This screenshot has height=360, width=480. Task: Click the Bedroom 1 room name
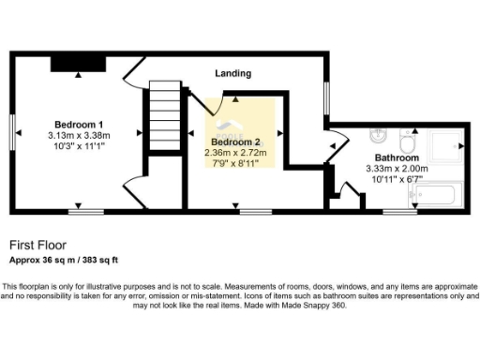(x=79, y=125)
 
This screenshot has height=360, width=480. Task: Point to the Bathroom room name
(x=396, y=157)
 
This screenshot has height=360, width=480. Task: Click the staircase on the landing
(x=162, y=112)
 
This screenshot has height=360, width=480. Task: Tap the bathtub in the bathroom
(x=433, y=196)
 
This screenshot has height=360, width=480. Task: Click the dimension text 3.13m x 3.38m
(x=79, y=135)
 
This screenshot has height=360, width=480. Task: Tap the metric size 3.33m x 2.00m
(x=396, y=169)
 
